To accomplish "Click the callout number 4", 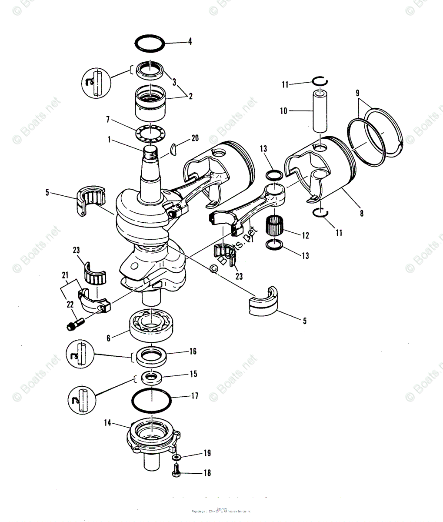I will click(x=190, y=42).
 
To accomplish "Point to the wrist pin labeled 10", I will click(x=320, y=110).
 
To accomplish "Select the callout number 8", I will click(x=362, y=213).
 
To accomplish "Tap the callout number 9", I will click(x=357, y=93).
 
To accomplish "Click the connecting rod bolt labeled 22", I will click(x=75, y=324).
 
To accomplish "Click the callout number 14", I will click(x=107, y=422).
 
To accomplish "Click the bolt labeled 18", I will click(x=176, y=469).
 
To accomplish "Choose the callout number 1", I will click(x=110, y=140).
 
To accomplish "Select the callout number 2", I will click(x=190, y=97).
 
